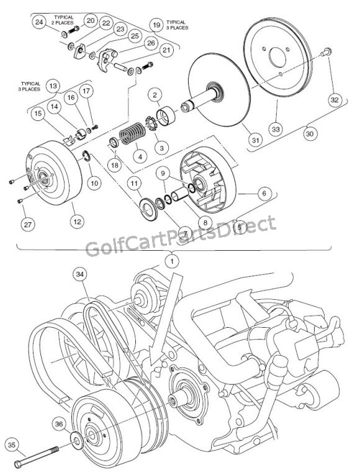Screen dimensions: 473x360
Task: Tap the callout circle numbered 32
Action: coord(335,99)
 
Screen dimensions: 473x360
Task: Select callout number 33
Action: coord(275,128)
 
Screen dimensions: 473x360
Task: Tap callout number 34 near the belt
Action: coord(79,274)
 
